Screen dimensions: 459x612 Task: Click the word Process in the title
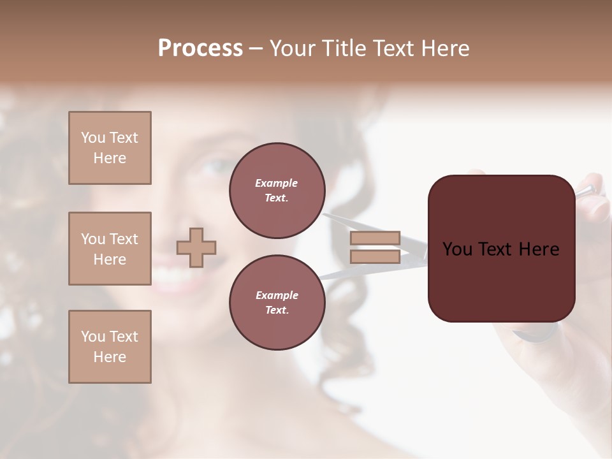point(200,48)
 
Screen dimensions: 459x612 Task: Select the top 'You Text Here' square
point(110,148)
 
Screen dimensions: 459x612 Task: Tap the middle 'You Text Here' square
point(110,249)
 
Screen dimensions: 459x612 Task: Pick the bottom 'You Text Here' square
point(110,347)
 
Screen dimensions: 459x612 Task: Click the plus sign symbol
point(196,247)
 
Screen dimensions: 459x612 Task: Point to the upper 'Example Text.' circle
point(277,191)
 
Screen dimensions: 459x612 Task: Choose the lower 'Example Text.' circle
point(277,303)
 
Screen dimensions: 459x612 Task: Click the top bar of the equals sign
point(375,238)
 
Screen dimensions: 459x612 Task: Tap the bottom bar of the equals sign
point(375,256)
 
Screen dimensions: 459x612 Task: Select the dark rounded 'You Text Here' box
point(501,249)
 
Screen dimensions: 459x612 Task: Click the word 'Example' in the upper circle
point(277,183)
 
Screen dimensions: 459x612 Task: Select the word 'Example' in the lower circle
point(277,295)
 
